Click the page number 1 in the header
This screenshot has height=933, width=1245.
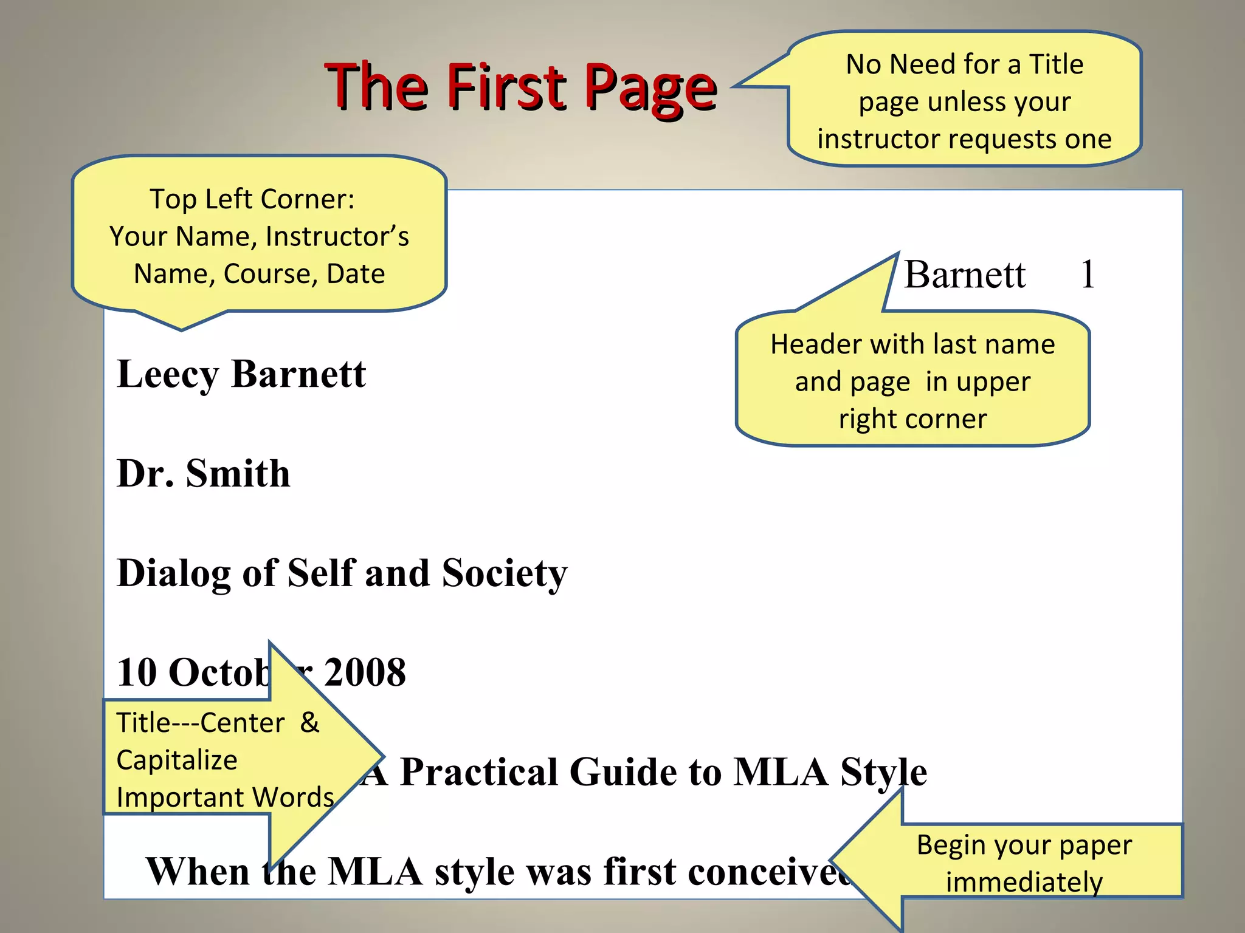[1088, 274]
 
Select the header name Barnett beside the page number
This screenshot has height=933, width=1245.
[965, 275]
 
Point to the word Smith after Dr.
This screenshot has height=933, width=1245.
[238, 473]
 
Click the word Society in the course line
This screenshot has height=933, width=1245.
[504, 573]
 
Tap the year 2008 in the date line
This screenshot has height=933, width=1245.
[365, 672]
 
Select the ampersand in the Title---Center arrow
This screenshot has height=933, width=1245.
[309, 722]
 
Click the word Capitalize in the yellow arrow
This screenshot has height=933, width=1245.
[177, 760]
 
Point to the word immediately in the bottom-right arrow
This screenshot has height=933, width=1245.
[1024, 882]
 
